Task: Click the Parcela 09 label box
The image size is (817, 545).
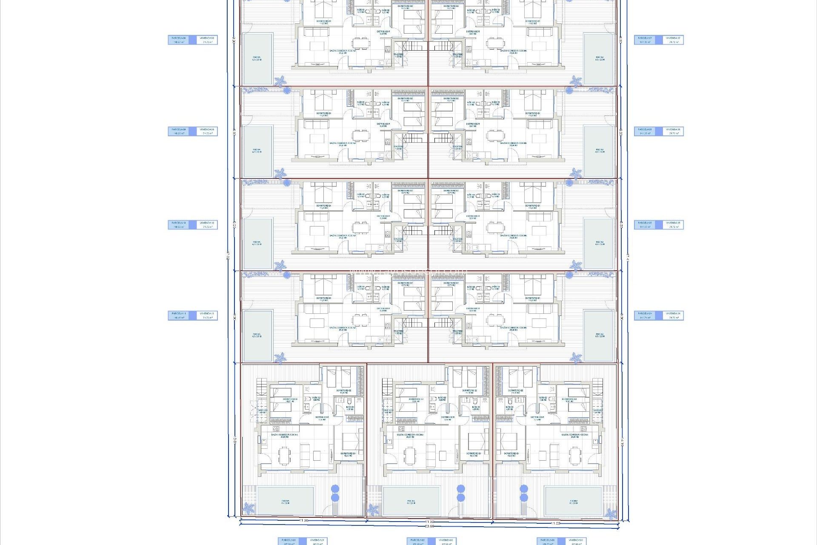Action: coord(178,131)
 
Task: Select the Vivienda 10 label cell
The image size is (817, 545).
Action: coord(207,225)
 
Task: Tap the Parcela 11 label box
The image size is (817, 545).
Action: coord(178,316)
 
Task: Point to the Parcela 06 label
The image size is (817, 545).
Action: coord(645,131)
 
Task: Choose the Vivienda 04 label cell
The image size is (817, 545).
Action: coord(674,316)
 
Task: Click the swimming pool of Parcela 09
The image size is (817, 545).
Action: coord(257,151)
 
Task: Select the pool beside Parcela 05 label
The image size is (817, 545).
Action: coord(599,243)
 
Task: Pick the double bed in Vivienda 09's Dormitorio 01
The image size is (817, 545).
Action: coord(323,101)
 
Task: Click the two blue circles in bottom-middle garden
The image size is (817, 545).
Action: coord(461,493)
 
